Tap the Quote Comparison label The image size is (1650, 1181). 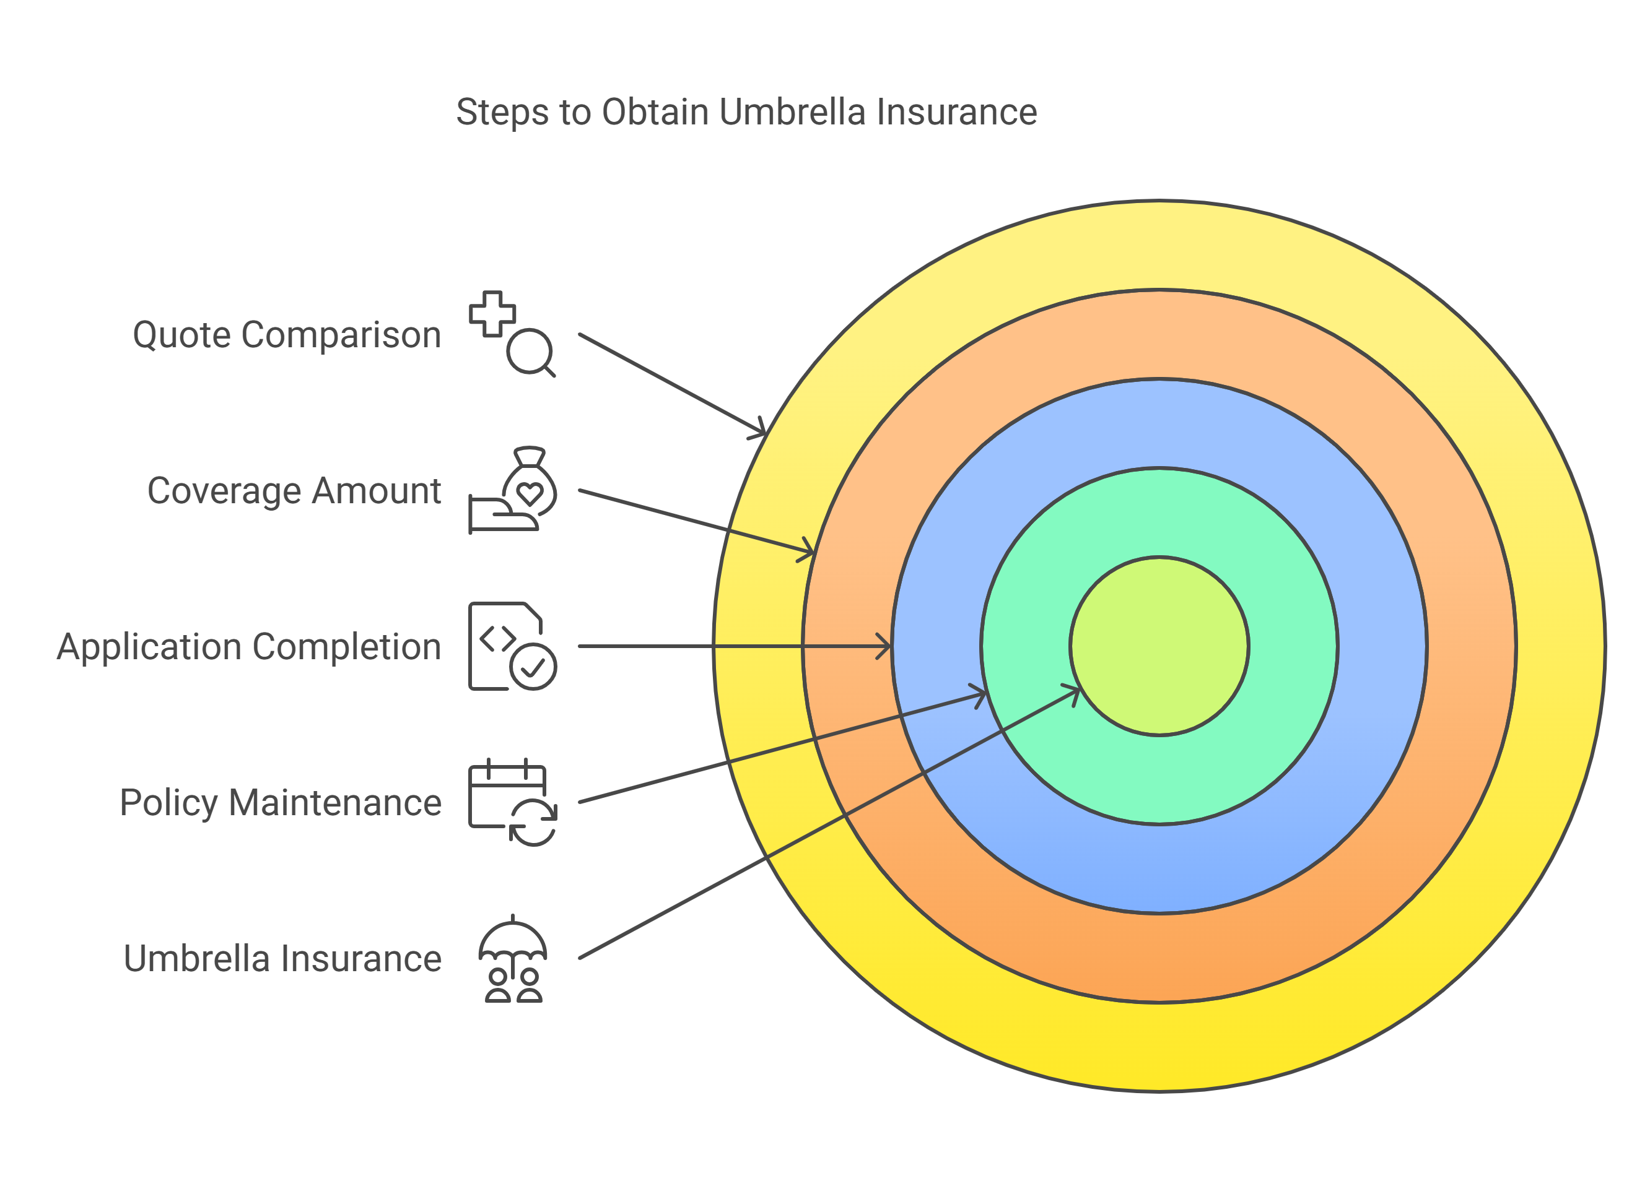pyautogui.click(x=287, y=335)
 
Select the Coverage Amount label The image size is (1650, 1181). pyautogui.click(x=294, y=491)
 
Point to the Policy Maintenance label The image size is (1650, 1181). pyautogui.click(x=280, y=803)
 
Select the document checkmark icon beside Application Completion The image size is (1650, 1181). pyautogui.click(x=512, y=646)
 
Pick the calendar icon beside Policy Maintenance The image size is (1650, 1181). pyautogui.click(x=512, y=802)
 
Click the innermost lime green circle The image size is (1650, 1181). pyautogui.click(x=1159, y=646)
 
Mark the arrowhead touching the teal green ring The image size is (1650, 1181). pyautogui.click(x=979, y=694)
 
